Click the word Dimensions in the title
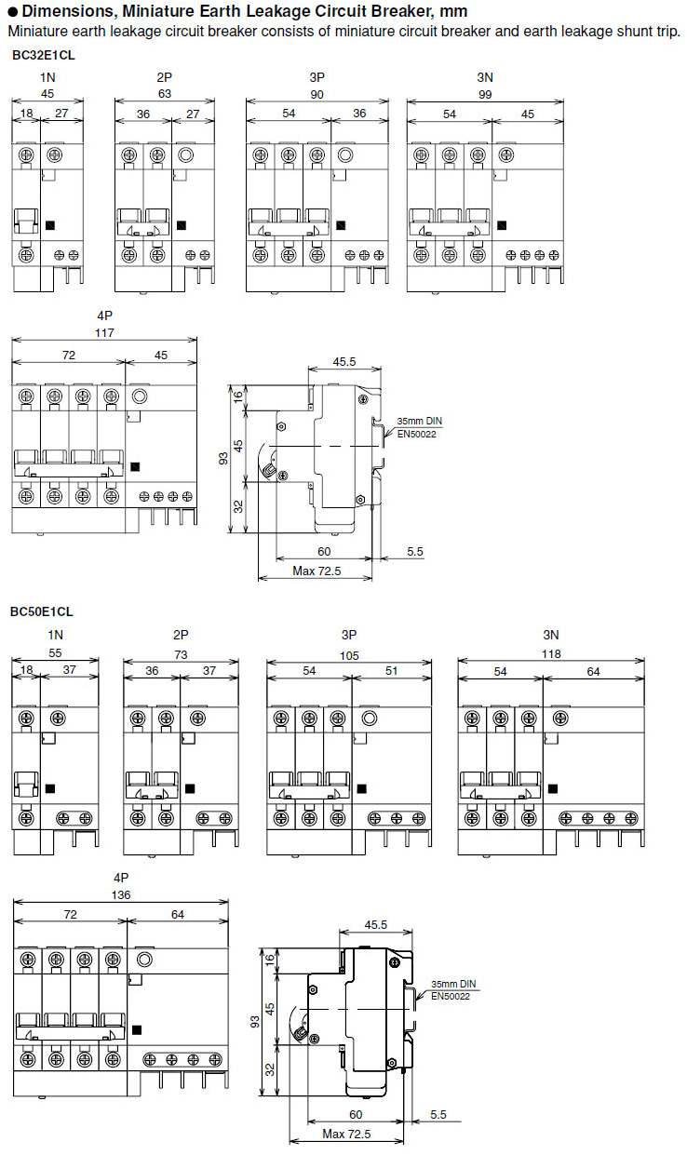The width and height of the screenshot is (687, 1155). coord(64,11)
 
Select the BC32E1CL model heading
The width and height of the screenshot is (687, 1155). coord(44,55)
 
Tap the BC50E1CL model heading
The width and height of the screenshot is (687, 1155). coord(41,611)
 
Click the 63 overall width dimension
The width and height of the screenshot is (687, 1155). coord(164,94)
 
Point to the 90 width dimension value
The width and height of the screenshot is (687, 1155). coord(317,94)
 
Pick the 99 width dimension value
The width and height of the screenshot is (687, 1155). coord(485,94)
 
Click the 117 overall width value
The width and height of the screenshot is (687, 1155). coord(104,333)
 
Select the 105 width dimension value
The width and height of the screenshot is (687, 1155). coord(349,655)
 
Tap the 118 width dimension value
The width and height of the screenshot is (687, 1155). coord(552,655)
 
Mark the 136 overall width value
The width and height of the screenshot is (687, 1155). coord(121,895)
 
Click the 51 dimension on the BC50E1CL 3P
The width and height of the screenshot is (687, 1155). coord(391,671)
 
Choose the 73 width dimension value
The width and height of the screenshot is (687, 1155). coord(181,655)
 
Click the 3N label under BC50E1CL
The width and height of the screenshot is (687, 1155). coord(552,635)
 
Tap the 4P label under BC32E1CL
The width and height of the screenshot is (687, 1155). coord(104,316)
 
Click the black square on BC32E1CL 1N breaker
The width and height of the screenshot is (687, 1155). coord(49,224)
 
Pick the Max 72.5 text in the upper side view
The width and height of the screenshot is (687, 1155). coord(317,571)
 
